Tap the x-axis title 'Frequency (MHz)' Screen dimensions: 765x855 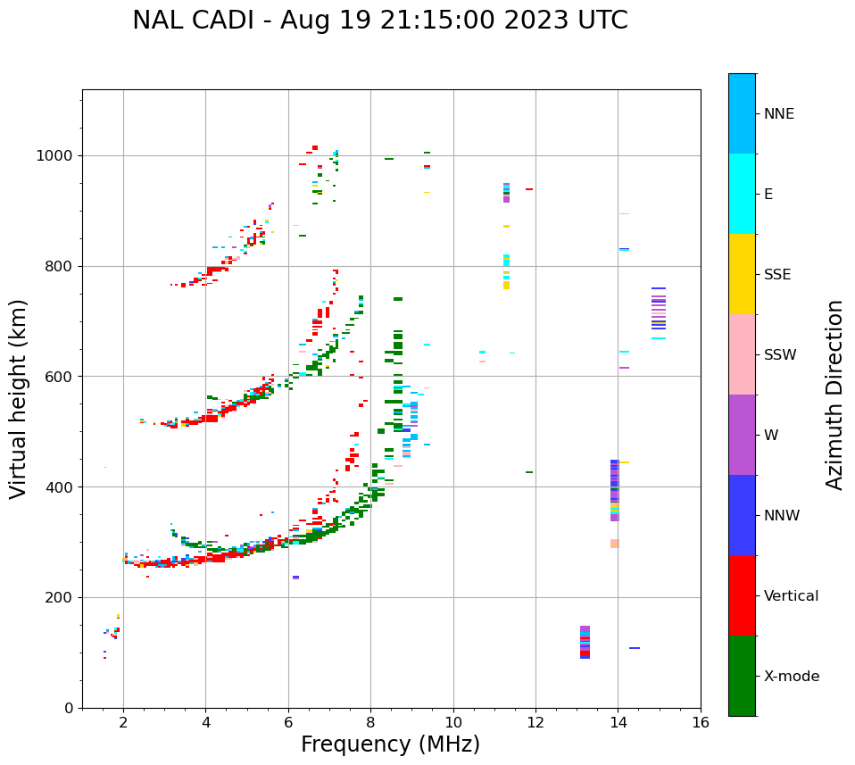tap(390, 744)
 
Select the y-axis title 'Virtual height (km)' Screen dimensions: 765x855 tap(19, 398)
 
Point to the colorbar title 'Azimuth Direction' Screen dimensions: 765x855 tap(834, 395)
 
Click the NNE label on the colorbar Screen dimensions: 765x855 tap(778, 114)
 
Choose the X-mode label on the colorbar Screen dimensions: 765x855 tap(791, 677)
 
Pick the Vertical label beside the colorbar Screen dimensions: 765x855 tap(791, 596)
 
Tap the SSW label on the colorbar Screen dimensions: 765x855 tap(780, 355)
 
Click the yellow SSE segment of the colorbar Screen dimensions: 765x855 tap(742, 274)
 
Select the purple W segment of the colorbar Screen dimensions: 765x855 tap(742, 435)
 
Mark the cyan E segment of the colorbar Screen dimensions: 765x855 tap(742, 194)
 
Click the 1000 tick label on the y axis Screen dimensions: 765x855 tap(56, 156)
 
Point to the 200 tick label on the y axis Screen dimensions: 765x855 tap(60, 597)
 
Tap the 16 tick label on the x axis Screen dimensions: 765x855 tap(701, 722)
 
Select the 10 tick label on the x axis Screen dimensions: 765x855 tap(453, 722)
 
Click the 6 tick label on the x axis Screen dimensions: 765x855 tap(288, 722)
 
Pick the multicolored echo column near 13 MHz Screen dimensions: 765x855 tap(585, 642)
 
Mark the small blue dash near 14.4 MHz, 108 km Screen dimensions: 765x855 tap(635, 648)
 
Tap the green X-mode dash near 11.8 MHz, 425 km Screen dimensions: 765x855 tap(529, 472)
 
